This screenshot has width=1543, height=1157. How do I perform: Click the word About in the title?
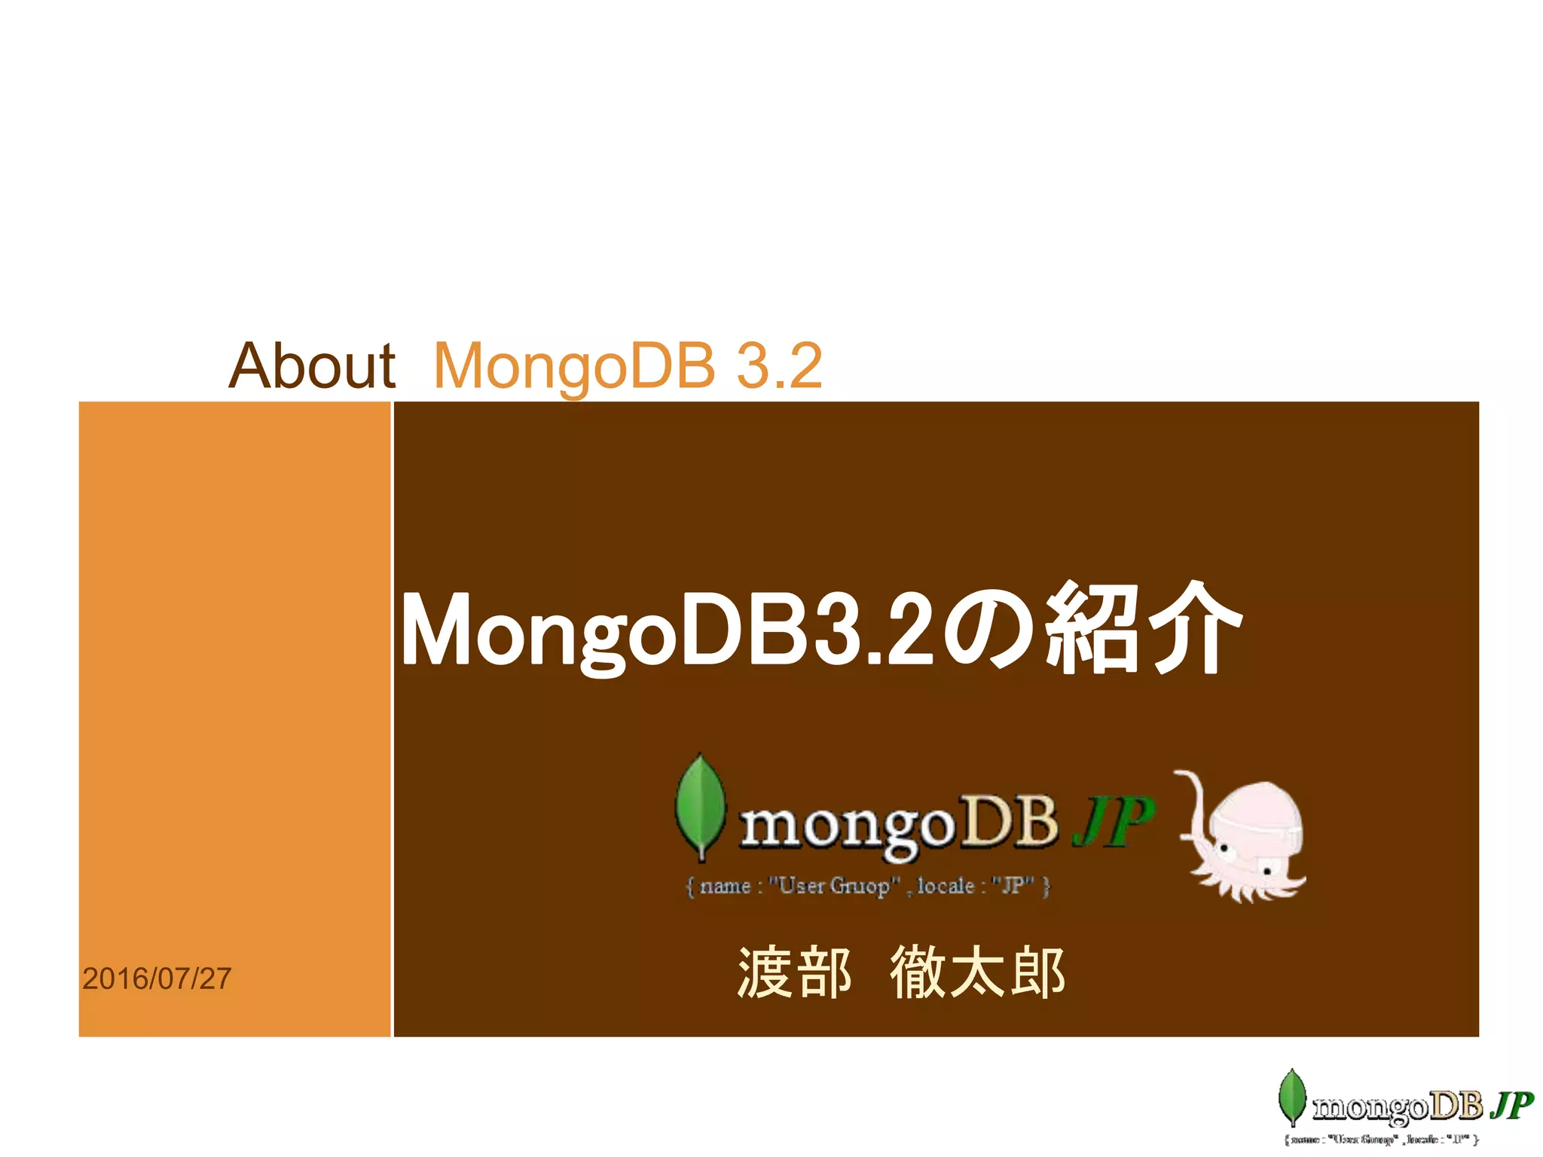pyautogui.click(x=312, y=366)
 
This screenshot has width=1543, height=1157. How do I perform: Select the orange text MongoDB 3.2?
pyautogui.click(x=628, y=366)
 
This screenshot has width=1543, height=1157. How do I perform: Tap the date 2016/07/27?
pyautogui.click(x=157, y=978)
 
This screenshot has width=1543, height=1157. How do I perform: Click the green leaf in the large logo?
pyautogui.click(x=700, y=806)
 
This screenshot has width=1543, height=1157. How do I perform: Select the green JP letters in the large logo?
pyautogui.click(x=1114, y=821)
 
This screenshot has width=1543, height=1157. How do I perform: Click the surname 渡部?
pyautogui.click(x=794, y=972)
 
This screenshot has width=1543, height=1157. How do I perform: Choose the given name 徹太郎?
pyautogui.click(x=977, y=972)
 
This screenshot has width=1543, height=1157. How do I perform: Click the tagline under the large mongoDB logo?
pyautogui.click(x=867, y=886)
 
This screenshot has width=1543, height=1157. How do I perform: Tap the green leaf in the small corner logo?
pyautogui.click(x=1292, y=1097)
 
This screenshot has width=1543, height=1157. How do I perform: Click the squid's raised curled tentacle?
pyautogui.click(x=1193, y=798)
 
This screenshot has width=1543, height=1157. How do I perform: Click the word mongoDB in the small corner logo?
pyautogui.click(x=1398, y=1107)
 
